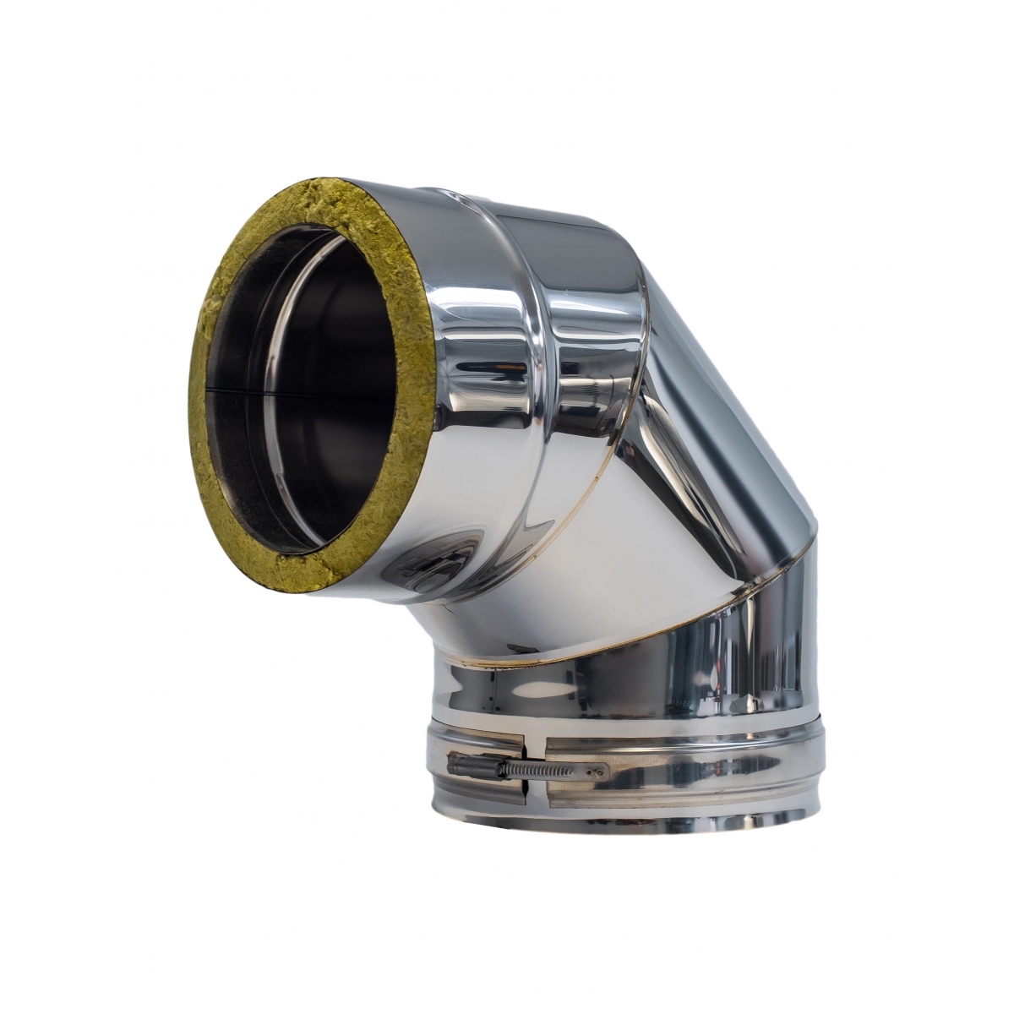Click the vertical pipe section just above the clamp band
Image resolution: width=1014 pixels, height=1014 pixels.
click(625, 684)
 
